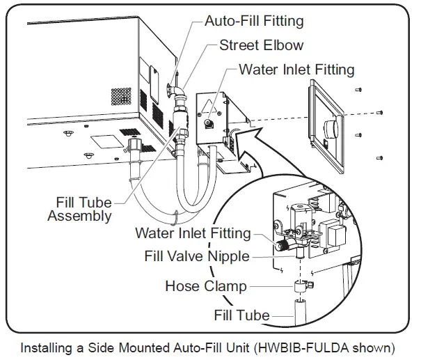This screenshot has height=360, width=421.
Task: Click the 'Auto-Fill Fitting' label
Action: [254, 21]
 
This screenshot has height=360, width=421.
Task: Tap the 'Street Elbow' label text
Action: [261, 45]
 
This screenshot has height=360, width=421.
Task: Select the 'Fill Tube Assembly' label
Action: [79, 209]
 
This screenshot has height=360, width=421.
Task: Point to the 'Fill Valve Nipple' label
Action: [196, 256]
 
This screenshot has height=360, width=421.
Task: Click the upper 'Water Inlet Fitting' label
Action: [296, 70]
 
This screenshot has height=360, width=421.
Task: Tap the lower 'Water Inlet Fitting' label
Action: [193, 233]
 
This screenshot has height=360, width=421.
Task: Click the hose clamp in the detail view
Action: [301, 285]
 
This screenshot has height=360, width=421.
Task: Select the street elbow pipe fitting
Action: [179, 93]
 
